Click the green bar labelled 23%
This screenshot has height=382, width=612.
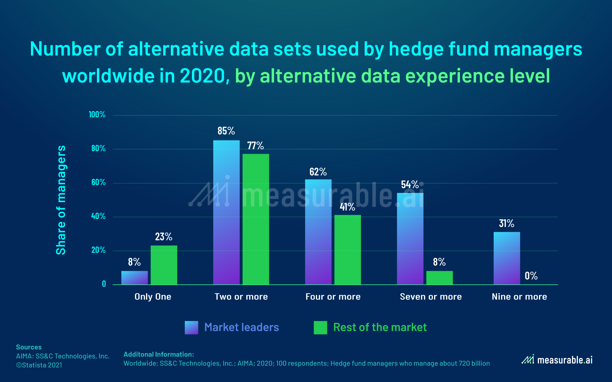point(164,265)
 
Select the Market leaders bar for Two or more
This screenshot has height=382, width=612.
point(226,212)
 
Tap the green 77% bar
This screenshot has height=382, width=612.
point(256,219)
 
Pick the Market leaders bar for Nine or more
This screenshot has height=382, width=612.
point(507,258)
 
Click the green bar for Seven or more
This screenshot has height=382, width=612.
point(439,278)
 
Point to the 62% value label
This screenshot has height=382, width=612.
point(318,172)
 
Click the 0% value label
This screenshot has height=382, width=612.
point(531,276)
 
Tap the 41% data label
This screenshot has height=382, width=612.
point(347,207)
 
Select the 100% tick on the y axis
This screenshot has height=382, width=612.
point(97,115)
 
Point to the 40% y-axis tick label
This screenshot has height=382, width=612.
point(98,216)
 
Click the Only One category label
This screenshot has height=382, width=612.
point(153,297)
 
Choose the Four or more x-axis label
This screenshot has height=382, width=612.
point(333,297)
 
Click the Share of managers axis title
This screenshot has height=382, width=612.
point(61,200)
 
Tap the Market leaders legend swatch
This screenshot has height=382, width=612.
point(191,328)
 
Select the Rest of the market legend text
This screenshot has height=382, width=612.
point(380,327)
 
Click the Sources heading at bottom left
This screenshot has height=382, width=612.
point(29,347)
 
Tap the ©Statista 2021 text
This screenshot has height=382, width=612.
point(39,365)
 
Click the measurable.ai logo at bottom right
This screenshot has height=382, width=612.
point(557,360)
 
